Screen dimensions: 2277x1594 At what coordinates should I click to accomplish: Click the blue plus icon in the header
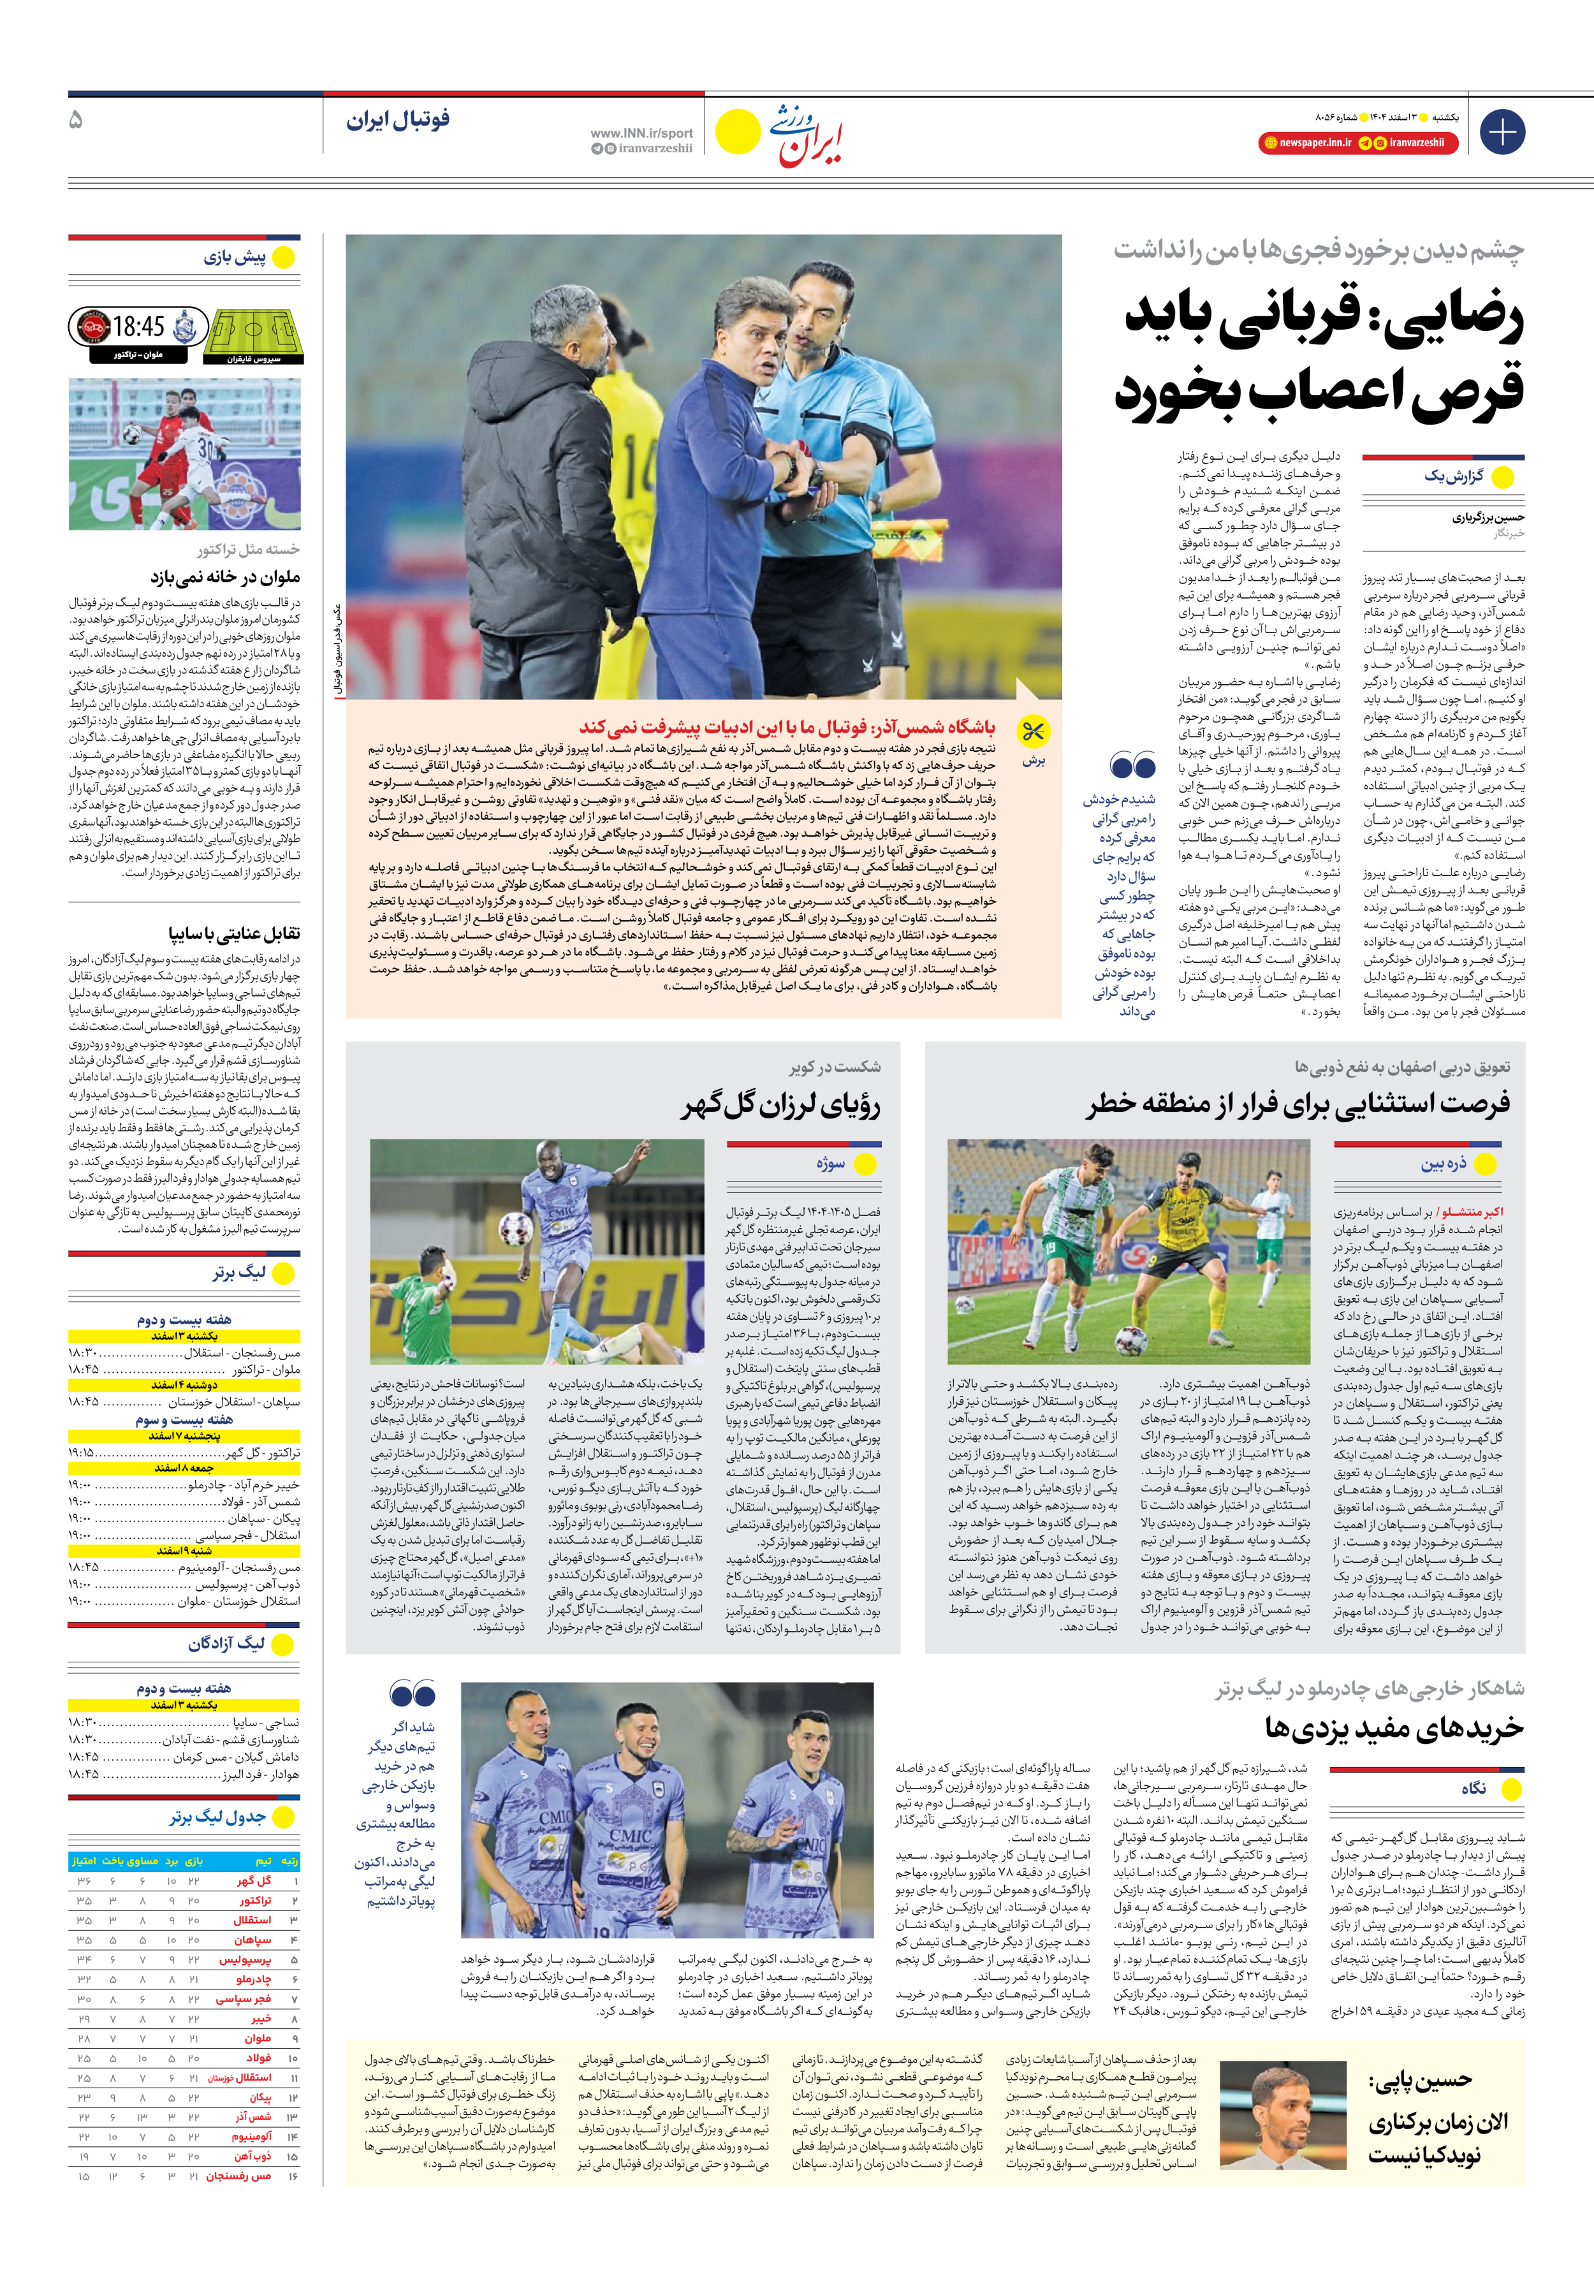click(x=1502, y=132)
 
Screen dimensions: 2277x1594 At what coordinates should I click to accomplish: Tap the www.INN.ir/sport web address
click(x=641, y=133)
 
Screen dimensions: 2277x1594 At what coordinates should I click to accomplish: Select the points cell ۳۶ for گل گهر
click(x=84, y=1881)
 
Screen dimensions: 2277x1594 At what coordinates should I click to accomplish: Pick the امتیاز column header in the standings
click(x=84, y=1861)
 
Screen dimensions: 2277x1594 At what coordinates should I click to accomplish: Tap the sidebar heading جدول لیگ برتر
click(x=217, y=1817)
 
